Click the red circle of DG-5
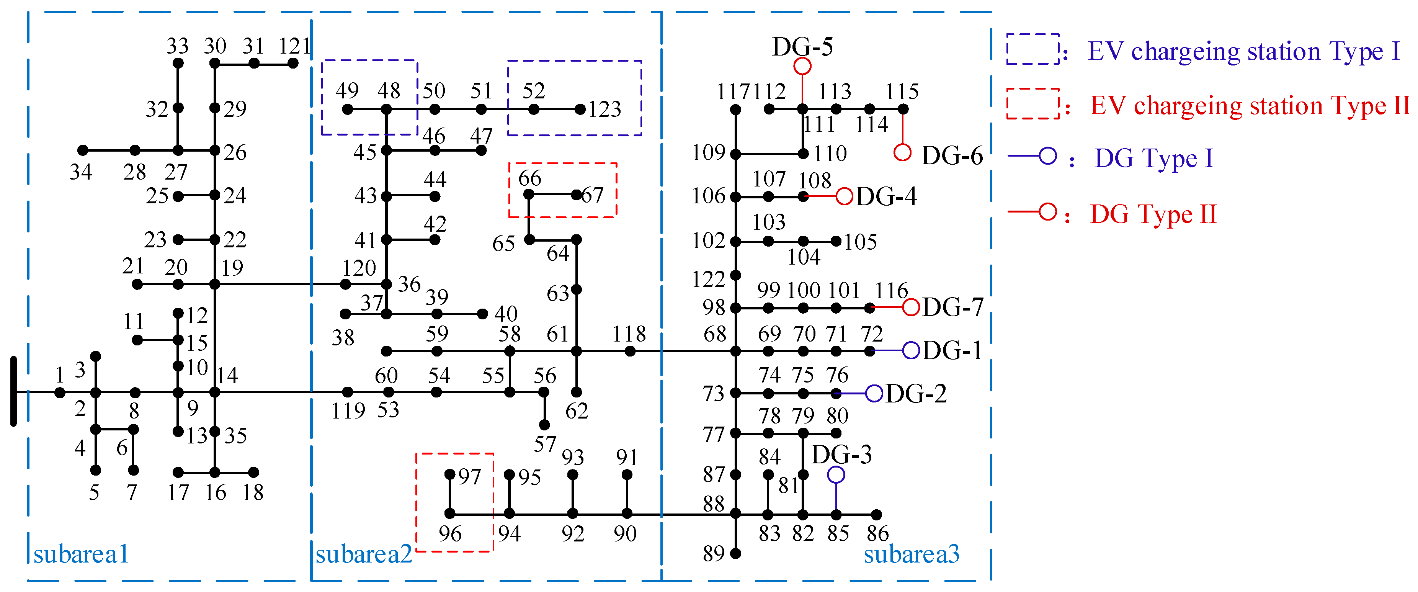[x=802, y=66]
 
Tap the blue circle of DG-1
[x=911, y=350]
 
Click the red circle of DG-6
[x=902, y=152]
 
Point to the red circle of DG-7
[x=911, y=307]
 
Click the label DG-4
[x=886, y=196]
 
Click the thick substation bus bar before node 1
[x=14, y=392]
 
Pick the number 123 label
[x=604, y=109]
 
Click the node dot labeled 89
[x=735, y=553]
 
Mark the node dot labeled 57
[x=544, y=425]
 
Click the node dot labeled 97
[x=450, y=474]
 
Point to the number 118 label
[x=629, y=334]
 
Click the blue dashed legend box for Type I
[x=1032, y=49]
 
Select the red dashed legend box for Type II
[x=1032, y=103]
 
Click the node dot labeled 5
[x=96, y=470]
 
